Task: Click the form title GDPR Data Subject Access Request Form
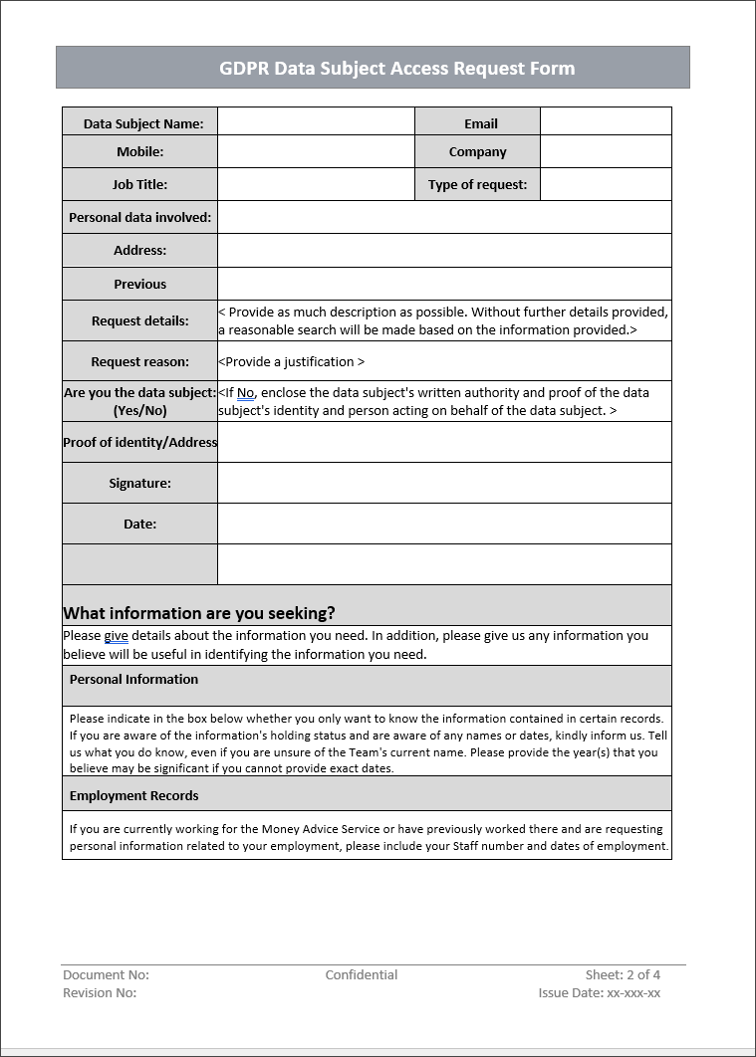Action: pyautogui.click(x=396, y=69)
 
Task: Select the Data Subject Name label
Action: pyautogui.click(x=142, y=123)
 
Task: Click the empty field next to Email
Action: pyautogui.click(x=606, y=121)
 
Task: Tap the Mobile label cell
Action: pyautogui.click(x=139, y=152)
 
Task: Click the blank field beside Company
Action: pyautogui.click(x=606, y=151)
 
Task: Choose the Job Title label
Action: pyautogui.click(x=139, y=184)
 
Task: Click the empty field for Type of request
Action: pyautogui.click(x=606, y=184)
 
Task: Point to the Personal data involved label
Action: pyautogui.click(x=139, y=217)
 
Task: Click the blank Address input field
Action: pyautogui.click(x=444, y=250)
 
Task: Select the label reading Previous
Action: pyautogui.click(x=139, y=284)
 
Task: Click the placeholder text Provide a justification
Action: pyautogui.click(x=291, y=362)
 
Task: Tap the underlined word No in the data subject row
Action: pyautogui.click(x=246, y=393)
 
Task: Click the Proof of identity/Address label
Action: pyautogui.click(x=139, y=442)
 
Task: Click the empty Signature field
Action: pyautogui.click(x=444, y=483)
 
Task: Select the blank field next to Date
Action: pyautogui.click(x=444, y=524)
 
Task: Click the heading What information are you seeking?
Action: pyautogui.click(x=199, y=613)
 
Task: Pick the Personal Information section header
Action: pyautogui.click(x=133, y=680)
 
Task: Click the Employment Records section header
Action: pyautogui.click(x=133, y=796)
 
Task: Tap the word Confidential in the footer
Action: pyautogui.click(x=361, y=975)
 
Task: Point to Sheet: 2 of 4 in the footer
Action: pyautogui.click(x=623, y=975)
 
